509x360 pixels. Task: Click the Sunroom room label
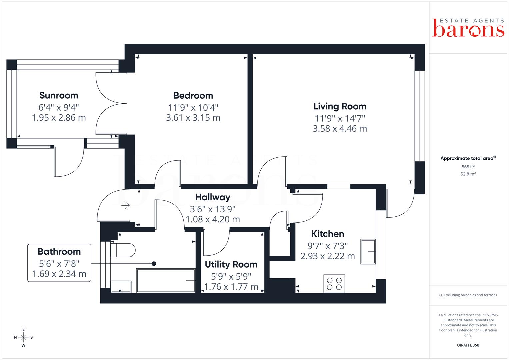tap(59, 95)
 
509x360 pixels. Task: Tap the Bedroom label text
tap(193, 95)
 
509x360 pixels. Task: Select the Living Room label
tap(340, 106)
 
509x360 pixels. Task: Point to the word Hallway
tap(213, 197)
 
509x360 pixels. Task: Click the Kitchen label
tap(327, 234)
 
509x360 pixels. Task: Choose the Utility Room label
tap(231, 264)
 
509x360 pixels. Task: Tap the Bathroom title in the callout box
tap(59, 252)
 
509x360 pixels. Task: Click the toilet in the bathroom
tap(123, 250)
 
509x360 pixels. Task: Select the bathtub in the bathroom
tap(166, 280)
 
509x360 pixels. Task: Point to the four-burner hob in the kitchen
tap(334, 284)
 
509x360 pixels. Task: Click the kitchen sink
tap(368, 252)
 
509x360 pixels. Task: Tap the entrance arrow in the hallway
tap(125, 205)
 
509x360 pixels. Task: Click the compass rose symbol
tap(23, 337)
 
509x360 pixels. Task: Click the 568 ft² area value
tap(468, 167)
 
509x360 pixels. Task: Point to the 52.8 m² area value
tap(468, 174)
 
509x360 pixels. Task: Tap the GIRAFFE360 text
tap(468, 345)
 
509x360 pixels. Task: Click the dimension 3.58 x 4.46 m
tap(340, 129)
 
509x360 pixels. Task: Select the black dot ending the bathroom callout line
tap(154, 264)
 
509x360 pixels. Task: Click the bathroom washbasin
tap(121, 287)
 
